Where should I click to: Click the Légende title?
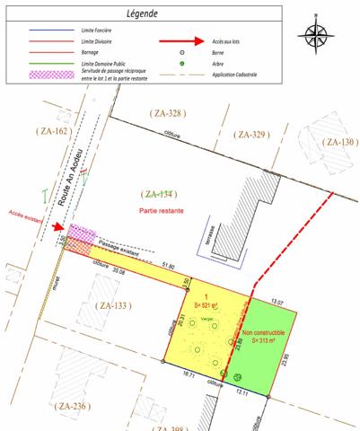pos(142,15)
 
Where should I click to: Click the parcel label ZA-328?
pos(168,113)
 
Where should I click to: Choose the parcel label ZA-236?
pos(73,405)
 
